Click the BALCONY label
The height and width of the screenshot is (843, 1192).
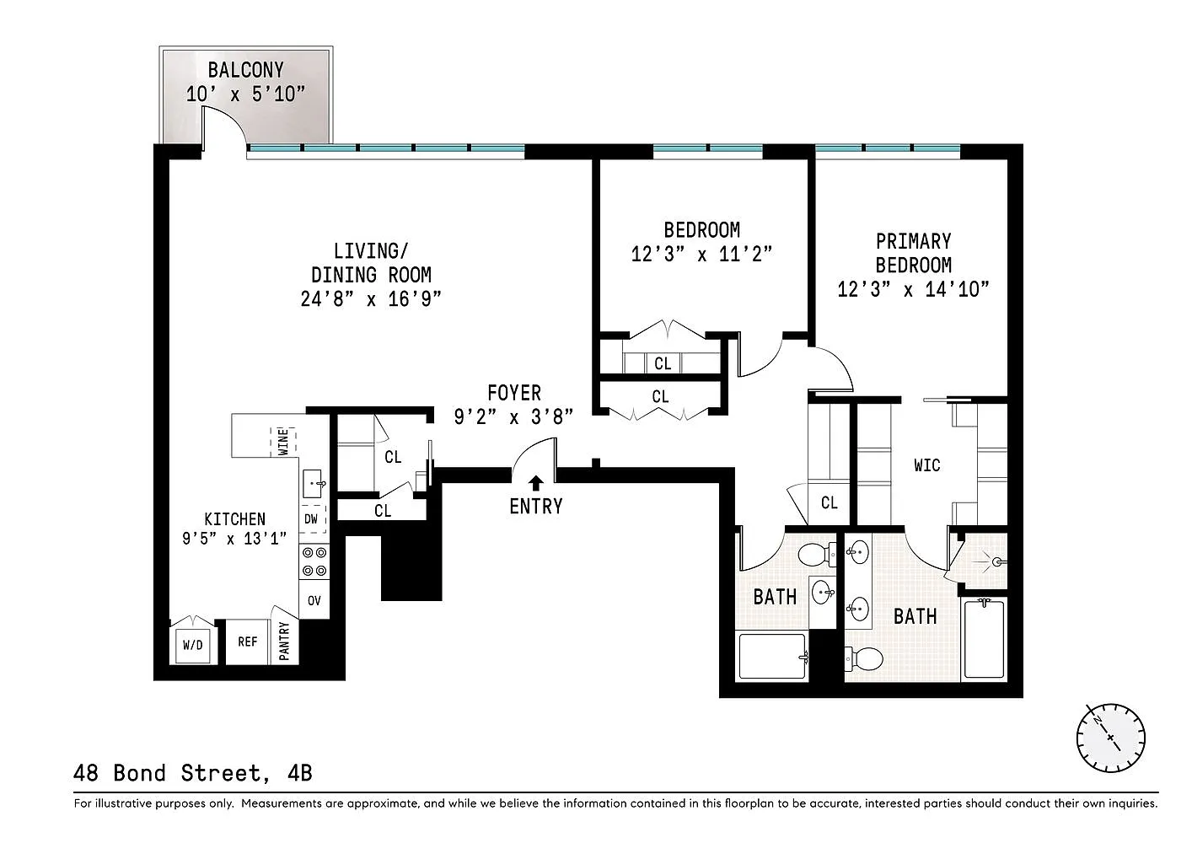pyautogui.click(x=245, y=70)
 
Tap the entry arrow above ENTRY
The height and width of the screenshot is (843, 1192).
pyautogui.click(x=536, y=483)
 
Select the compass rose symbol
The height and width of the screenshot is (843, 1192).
pyautogui.click(x=1110, y=738)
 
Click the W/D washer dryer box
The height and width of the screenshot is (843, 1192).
pyautogui.click(x=193, y=645)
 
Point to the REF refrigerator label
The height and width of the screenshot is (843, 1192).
pyautogui.click(x=248, y=642)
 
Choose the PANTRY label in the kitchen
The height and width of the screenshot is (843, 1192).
pyautogui.click(x=284, y=641)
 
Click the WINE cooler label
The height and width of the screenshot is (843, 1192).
pyautogui.click(x=283, y=442)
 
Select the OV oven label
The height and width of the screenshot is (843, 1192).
pyautogui.click(x=314, y=601)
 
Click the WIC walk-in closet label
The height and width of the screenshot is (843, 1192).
pyautogui.click(x=927, y=465)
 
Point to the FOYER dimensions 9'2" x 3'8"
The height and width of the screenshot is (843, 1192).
pyautogui.click(x=513, y=416)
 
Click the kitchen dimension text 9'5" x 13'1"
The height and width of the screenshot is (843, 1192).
pyautogui.click(x=234, y=539)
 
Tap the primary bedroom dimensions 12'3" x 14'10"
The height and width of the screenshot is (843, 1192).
pyautogui.click(x=913, y=289)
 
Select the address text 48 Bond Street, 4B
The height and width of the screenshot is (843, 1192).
pyautogui.click(x=193, y=773)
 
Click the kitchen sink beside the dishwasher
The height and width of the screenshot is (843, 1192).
pyautogui.click(x=313, y=484)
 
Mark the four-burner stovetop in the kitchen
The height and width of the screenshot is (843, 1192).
pyautogui.click(x=314, y=562)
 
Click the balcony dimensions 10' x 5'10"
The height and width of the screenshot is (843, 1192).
pyautogui.click(x=245, y=94)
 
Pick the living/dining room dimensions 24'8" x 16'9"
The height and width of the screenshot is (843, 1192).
pyautogui.click(x=371, y=298)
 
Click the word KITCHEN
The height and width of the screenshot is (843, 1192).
pyautogui.click(x=234, y=519)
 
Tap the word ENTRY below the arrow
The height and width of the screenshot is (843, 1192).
pyautogui.click(x=536, y=506)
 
